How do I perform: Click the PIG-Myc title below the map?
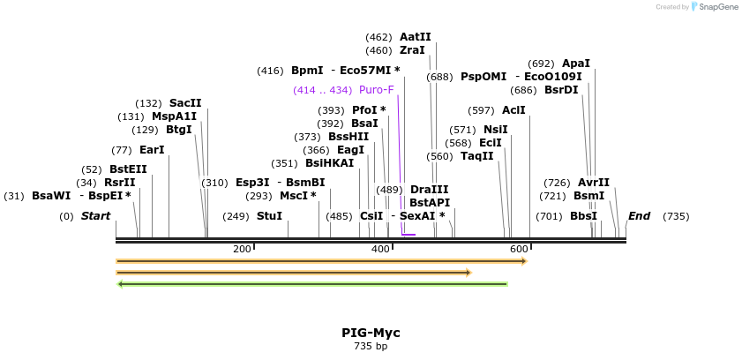pyautogui.click(x=371, y=333)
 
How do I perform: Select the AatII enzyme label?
pyautogui.click(x=415, y=37)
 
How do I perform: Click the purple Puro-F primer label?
pyautogui.click(x=376, y=90)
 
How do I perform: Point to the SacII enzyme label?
pyautogui.click(x=185, y=103)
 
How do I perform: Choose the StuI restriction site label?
pyautogui.click(x=269, y=216)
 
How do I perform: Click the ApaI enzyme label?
pyautogui.click(x=575, y=64)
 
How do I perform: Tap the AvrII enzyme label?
pyautogui.click(x=593, y=183)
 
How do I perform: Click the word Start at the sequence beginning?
pyautogui.click(x=95, y=216)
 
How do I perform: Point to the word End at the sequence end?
pyautogui.click(x=639, y=216)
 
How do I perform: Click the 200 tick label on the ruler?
pyautogui.click(x=242, y=250)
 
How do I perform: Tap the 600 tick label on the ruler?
pyautogui.click(x=519, y=250)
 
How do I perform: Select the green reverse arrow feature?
pyautogui.click(x=312, y=284)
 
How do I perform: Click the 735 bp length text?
pyautogui.click(x=371, y=347)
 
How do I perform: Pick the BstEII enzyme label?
pyautogui.click(x=128, y=169)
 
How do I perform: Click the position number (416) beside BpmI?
pyautogui.click(x=270, y=71)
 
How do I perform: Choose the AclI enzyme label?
pyautogui.click(x=513, y=110)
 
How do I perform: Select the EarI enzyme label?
pyautogui.click(x=152, y=150)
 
